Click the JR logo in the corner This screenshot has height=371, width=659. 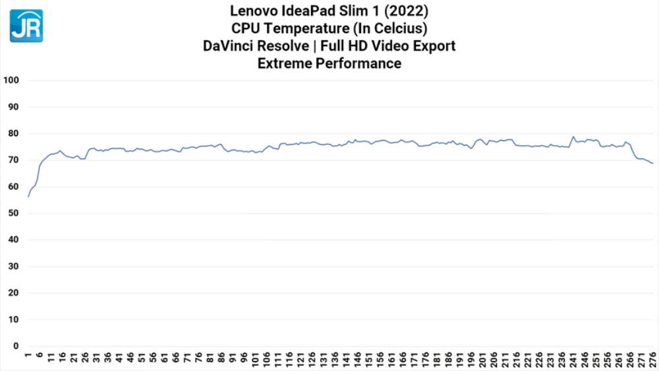(26, 26)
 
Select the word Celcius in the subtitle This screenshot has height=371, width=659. (401, 28)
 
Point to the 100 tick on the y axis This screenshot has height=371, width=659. (11, 81)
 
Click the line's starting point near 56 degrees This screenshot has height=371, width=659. (28, 197)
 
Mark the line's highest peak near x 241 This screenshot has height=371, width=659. (573, 137)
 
